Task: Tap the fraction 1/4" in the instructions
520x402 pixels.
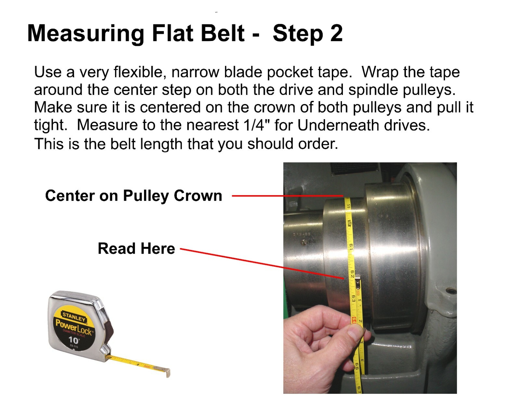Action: (x=252, y=125)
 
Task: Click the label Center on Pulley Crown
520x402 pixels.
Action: (x=134, y=196)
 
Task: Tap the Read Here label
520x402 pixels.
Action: (x=136, y=248)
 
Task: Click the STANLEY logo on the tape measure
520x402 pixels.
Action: (x=74, y=316)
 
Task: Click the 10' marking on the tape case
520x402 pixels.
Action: (x=74, y=340)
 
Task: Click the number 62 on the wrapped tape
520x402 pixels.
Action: (x=352, y=274)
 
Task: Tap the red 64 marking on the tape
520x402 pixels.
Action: (x=354, y=320)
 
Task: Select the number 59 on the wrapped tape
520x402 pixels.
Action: (x=348, y=207)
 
